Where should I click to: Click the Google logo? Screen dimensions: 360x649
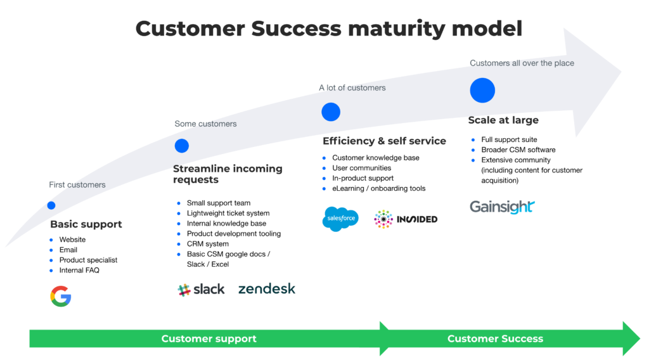(x=61, y=296)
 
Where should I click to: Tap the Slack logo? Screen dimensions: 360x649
(x=201, y=290)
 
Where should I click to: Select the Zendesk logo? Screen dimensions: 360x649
(x=267, y=289)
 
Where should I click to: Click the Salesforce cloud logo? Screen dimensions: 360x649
(x=340, y=219)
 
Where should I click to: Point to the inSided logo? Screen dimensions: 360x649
(x=406, y=219)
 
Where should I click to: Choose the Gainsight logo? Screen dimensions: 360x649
(x=502, y=207)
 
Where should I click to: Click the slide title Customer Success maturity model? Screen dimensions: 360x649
(x=329, y=29)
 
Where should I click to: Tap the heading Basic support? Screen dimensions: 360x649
(x=86, y=224)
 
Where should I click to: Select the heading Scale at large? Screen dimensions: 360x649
(x=503, y=120)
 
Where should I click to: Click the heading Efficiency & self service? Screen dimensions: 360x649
(x=384, y=141)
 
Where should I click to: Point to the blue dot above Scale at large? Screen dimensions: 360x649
(x=482, y=91)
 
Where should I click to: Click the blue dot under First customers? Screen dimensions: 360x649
(x=51, y=205)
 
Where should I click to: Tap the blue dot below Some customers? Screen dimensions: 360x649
(x=182, y=146)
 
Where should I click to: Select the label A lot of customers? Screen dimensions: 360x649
(x=352, y=87)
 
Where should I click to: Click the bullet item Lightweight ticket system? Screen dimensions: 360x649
(x=228, y=214)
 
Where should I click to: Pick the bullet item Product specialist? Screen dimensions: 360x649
(x=88, y=260)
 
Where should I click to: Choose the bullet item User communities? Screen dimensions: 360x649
(x=361, y=168)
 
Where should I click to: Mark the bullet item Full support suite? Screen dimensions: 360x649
(x=509, y=139)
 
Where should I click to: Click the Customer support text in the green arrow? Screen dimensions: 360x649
(x=209, y=338)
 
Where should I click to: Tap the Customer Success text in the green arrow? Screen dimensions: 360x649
(x=495, y=338)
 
